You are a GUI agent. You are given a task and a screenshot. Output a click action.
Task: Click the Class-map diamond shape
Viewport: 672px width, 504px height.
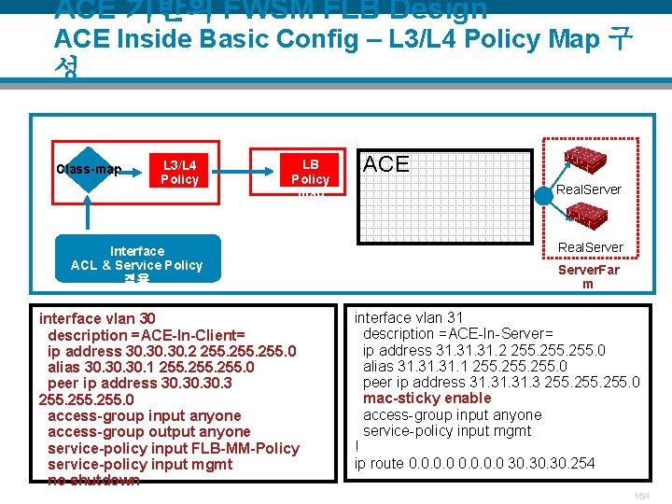click(88, 169)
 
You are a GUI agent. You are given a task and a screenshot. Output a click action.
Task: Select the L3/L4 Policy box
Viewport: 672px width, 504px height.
click(180, 172)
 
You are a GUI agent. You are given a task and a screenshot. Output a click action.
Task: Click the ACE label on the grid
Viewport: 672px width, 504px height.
click(385, 164)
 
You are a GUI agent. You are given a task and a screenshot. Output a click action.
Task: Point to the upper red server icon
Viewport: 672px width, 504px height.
click(586, 158)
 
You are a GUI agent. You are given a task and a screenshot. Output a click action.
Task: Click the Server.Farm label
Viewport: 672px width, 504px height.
click(588, 276)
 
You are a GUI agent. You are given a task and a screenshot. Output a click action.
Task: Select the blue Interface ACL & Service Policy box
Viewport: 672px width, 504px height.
click(137, 259)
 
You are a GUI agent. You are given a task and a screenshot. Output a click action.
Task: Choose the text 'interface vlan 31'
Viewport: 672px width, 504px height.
click(409, 317)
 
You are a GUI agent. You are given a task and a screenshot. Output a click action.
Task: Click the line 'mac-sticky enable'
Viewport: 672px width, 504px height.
click(427, 399)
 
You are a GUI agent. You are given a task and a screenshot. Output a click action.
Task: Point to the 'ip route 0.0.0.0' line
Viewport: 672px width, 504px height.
click(474, 464)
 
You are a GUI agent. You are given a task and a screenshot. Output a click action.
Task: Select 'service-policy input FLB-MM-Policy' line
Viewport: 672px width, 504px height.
click(173, 448)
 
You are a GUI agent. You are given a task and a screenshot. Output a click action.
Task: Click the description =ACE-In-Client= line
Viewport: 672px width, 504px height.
click(146, 335)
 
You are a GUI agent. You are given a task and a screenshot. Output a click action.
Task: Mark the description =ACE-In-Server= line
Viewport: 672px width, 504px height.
click(457, 333)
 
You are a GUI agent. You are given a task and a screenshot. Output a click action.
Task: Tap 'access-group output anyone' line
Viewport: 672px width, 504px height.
click(148, 431)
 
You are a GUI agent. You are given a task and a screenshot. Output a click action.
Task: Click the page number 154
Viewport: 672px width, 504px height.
click(640, 496)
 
